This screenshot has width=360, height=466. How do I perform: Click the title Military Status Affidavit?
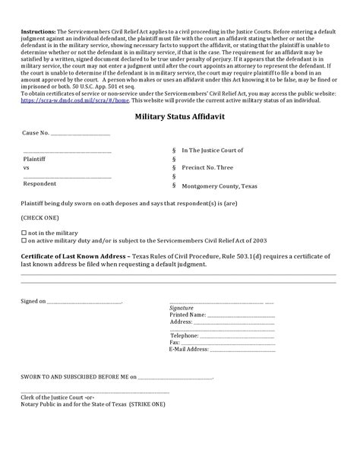click(179, 117)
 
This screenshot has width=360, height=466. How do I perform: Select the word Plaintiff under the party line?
click(34, 157)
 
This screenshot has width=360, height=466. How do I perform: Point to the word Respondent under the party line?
click(39, 183)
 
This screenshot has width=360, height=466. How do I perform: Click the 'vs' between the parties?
click(27, 166)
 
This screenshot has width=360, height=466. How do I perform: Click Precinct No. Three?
click(209, 166)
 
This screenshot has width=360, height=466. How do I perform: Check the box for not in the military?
click(25, 231)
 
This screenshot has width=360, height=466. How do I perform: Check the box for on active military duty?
click(25, 239)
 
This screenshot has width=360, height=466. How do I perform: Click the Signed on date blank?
click(84, 301)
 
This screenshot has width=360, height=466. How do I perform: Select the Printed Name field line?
click(241, 314)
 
